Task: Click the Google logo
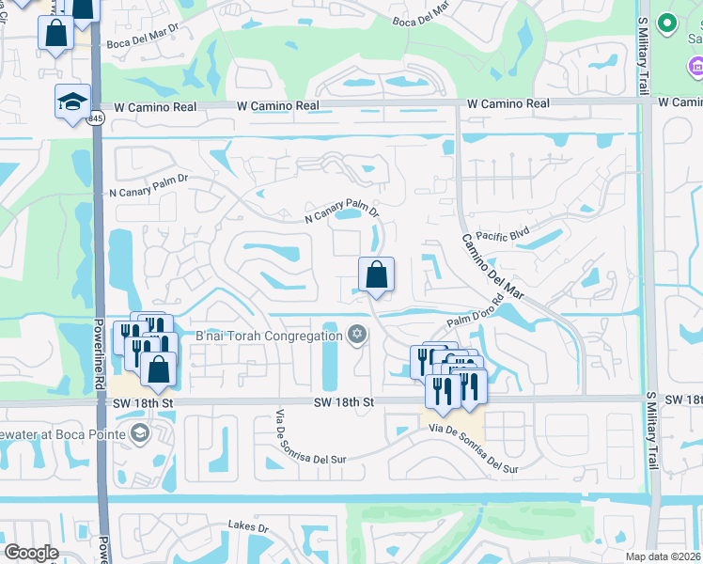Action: [x=31, y=553]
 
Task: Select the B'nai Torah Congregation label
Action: [x=268, y=336]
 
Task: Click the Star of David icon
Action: [x=356, y=334]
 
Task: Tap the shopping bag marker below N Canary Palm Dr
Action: [x=376, y=274]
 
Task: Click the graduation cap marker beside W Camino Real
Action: [x=72, y=103]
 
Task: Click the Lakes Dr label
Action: [x=248, y=527]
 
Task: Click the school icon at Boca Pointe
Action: [x=139, y=432]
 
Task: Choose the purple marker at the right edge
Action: [x=695, y=67]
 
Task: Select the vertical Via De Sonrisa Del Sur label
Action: [x=279, y=439]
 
